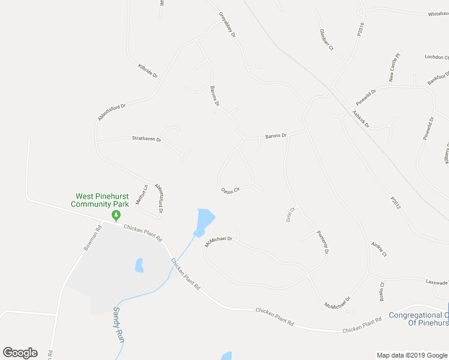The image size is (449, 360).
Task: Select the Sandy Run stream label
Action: point(119,325)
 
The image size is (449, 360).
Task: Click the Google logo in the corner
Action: point(20,353)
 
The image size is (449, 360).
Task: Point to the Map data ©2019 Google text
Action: point(412,355)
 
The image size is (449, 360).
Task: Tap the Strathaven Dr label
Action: point(147,139)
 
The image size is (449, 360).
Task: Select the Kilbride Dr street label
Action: point(147,71)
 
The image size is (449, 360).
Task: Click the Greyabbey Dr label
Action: point(228,25)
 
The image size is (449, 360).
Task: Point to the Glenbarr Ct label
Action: point(327,40)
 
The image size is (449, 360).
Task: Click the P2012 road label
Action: point(394,203)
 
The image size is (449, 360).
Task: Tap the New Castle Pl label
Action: point(394,67)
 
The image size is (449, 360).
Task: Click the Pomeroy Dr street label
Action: point(322,242)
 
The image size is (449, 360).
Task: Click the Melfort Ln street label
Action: point(141,196)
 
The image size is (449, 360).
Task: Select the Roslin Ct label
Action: point(382,292)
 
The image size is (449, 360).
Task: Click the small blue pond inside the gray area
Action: point(139,265)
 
